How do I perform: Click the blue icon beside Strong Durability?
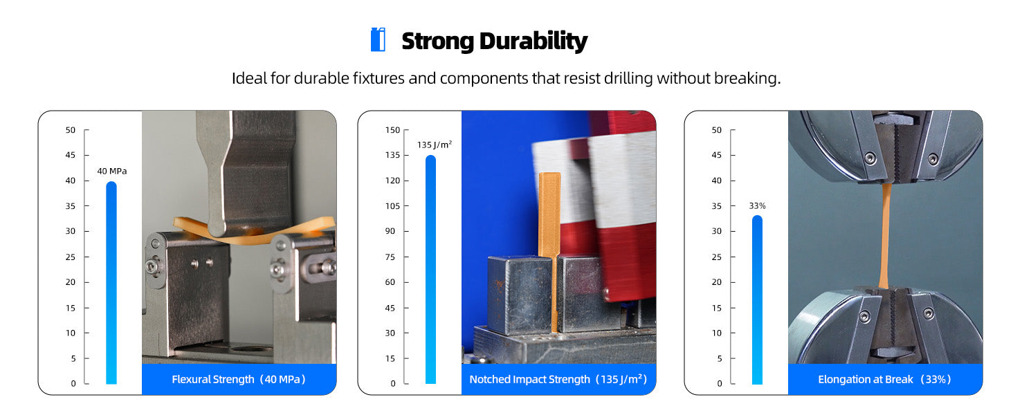click(378, 40)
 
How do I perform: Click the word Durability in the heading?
click(533, 41)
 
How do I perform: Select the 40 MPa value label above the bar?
click(111, 172)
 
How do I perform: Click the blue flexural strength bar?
click(111, 283)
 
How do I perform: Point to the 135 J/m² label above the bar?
click(434, 145)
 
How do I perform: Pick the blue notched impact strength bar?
click(430, 270)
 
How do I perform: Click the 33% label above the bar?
click(757, 205)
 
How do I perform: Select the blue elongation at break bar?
click(757, 299)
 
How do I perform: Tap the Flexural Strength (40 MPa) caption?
click(239, 379)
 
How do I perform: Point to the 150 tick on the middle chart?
click(392, 130)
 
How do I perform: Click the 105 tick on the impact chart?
click(392, 206)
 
